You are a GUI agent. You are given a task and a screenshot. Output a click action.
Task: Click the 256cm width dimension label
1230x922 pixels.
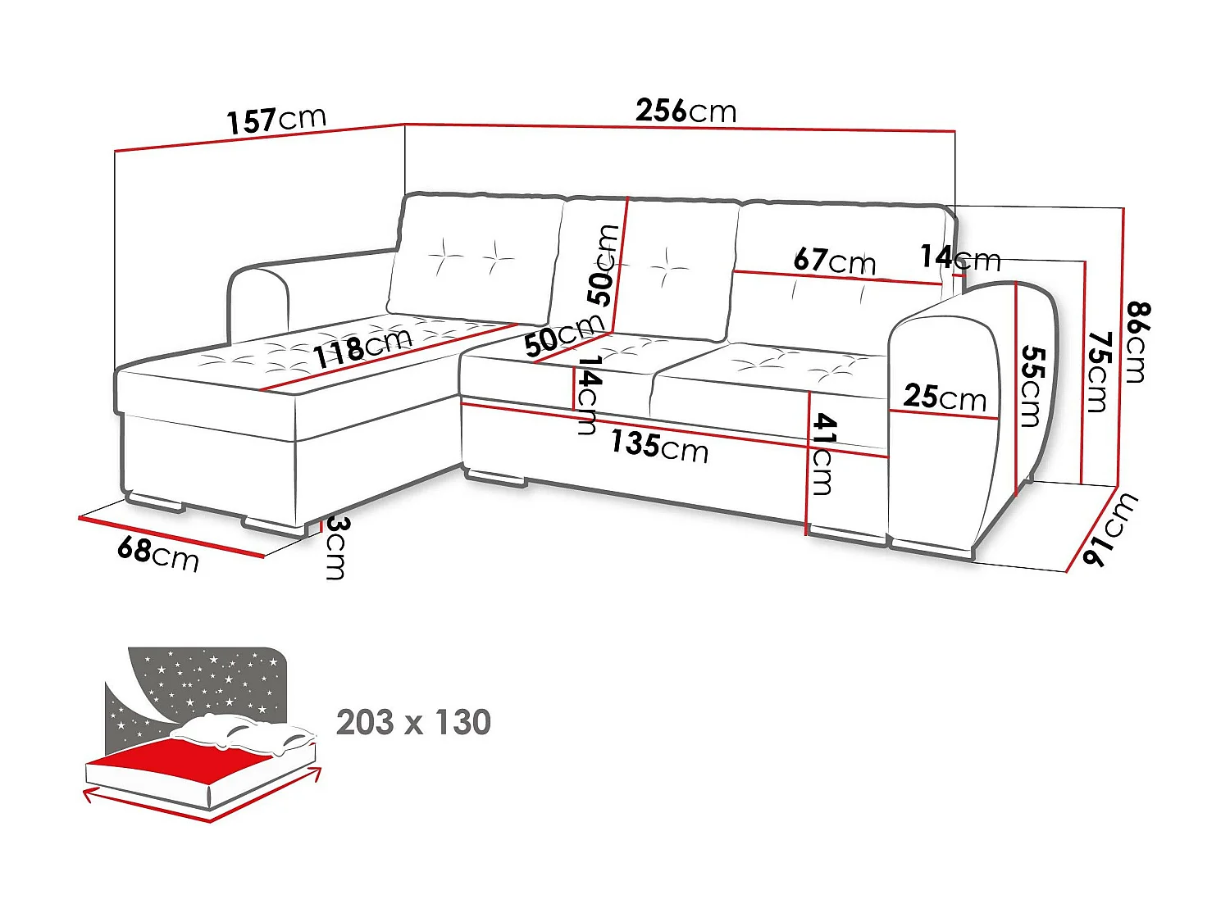[686, 111]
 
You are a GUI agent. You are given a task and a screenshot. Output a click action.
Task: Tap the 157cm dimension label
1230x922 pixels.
[276, 120]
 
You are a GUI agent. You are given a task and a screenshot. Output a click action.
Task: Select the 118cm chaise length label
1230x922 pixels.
[362, 347]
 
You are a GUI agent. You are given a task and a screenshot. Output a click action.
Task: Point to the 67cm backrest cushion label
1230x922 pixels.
[834, 261]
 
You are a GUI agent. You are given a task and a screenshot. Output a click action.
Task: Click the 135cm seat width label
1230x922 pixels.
[659, 446]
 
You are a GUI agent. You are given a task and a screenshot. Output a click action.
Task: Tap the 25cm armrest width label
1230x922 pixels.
[945, 397]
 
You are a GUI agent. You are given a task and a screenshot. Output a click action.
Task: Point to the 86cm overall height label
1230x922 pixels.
[1137, 343]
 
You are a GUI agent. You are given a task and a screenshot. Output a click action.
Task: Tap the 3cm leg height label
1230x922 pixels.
[335, 547]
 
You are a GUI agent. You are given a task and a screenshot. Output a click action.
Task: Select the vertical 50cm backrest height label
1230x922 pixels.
[604, 266]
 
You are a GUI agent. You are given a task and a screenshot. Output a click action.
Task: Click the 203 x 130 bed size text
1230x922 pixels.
[413, 723]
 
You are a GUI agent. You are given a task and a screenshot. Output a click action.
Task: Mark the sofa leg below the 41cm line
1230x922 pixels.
[846, 536]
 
